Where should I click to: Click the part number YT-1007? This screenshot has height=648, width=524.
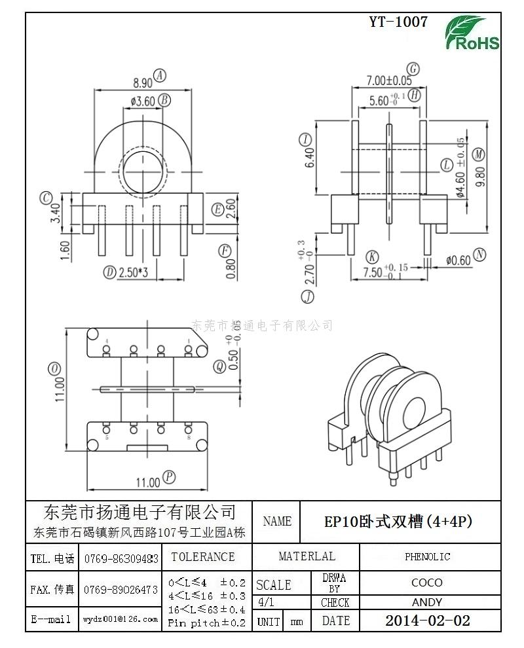click(398, 22)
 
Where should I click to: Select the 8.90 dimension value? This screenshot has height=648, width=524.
click(142, 83)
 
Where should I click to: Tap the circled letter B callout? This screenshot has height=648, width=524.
click(164, 100)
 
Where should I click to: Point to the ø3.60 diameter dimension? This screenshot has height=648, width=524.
click(142, 101)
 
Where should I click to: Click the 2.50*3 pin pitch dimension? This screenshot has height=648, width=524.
click(133, 272)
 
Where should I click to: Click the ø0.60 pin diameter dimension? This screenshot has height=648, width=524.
click(458, 260)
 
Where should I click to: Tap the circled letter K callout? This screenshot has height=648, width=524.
click(373, 256)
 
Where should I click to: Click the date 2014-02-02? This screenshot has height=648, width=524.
click(427, 621)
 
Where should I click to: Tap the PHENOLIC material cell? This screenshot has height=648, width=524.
click(427, 557)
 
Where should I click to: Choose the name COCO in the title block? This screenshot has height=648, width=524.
click(427, 583)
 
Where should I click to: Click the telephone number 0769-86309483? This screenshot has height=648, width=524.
click(121, 559)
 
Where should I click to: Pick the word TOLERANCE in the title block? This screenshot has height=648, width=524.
click(202, 557)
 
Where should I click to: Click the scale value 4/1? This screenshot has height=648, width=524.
click(267, 602)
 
